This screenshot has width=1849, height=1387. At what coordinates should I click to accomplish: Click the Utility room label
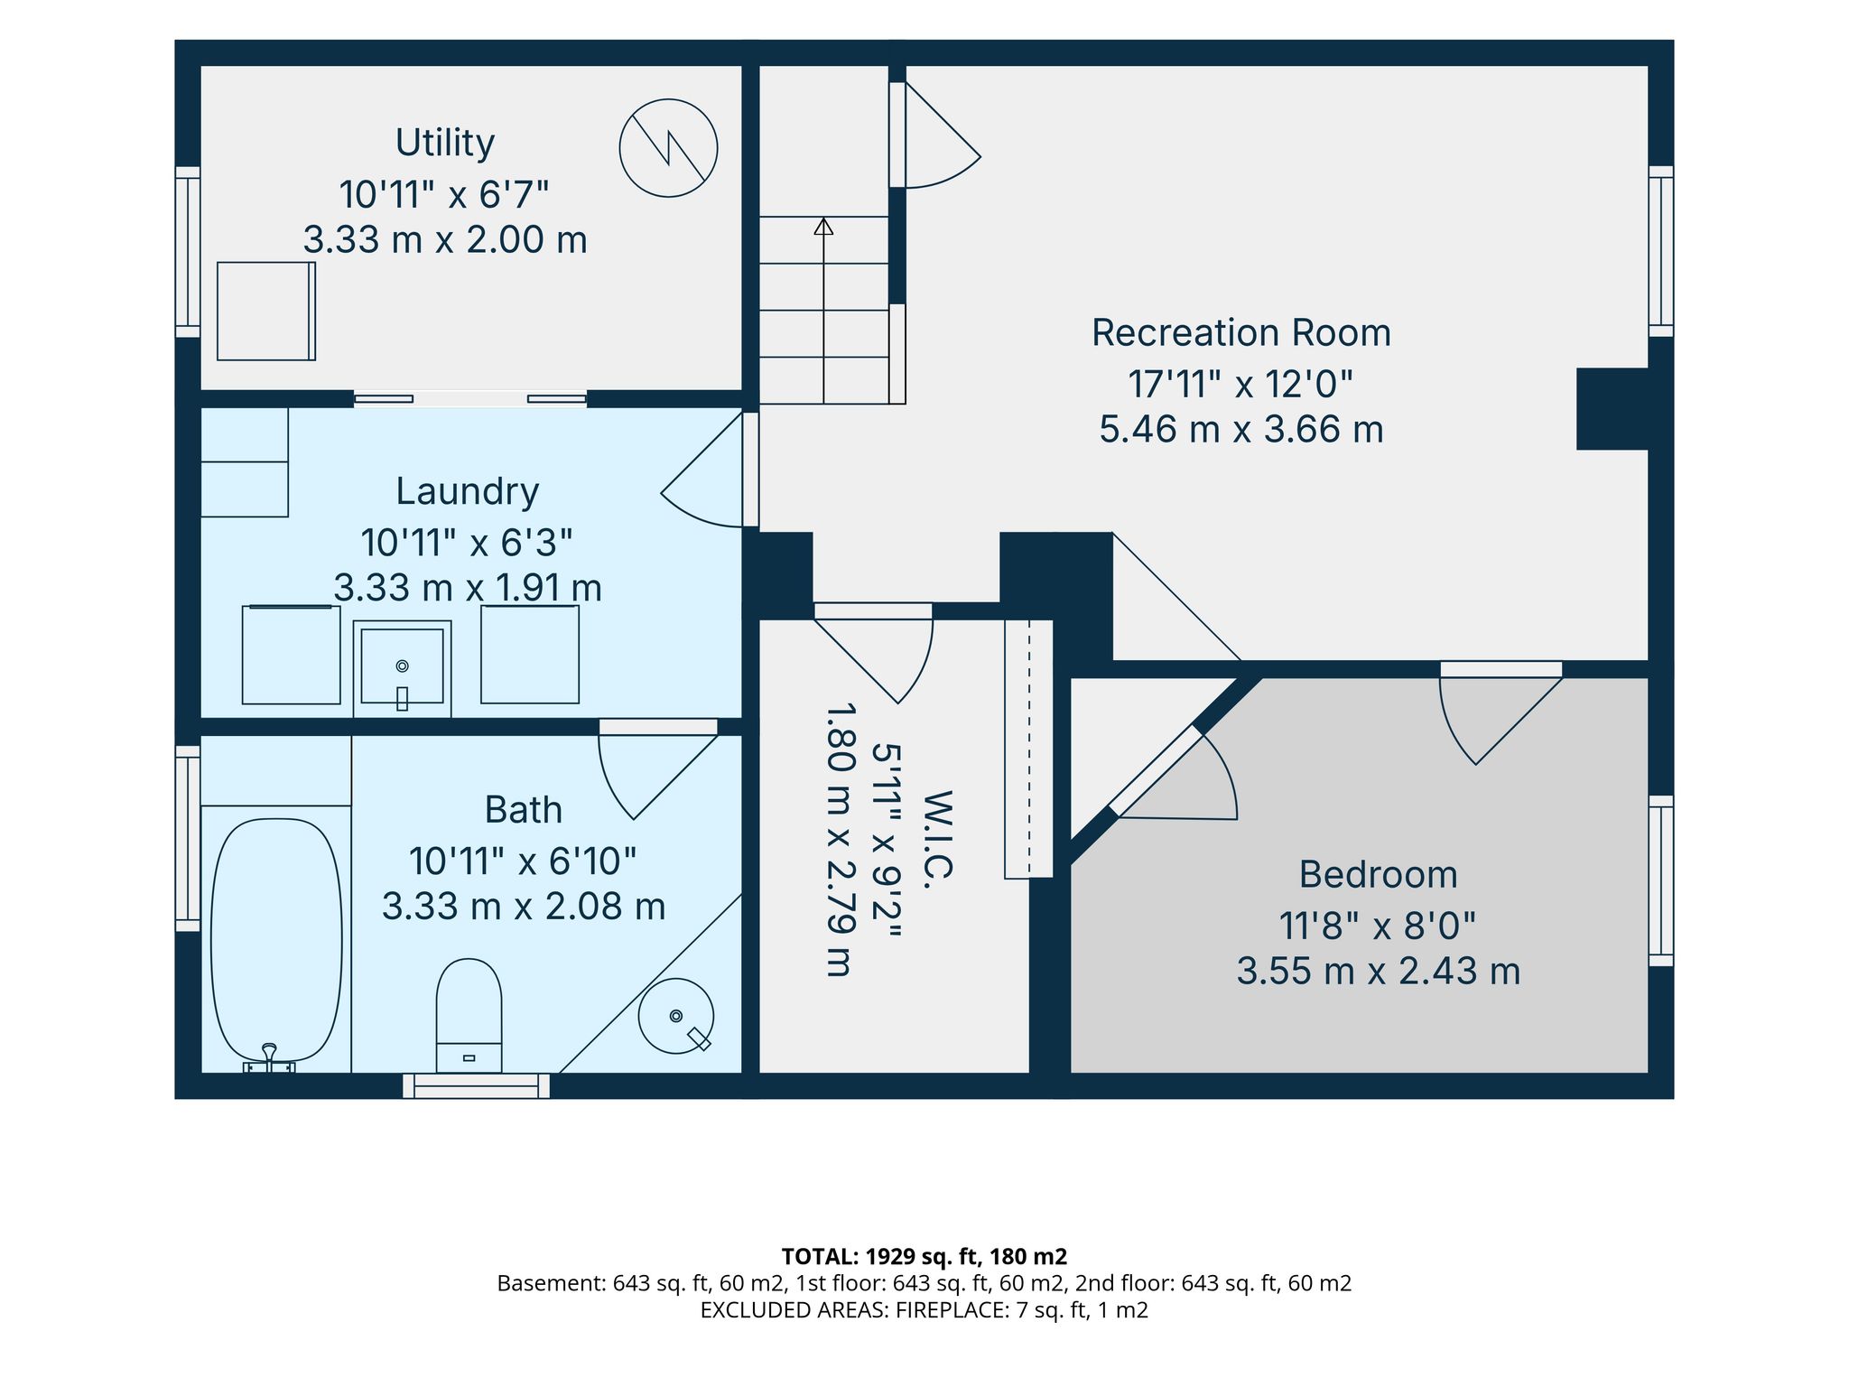tap(445, 144)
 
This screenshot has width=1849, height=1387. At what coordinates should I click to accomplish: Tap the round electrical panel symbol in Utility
tap(668, 148)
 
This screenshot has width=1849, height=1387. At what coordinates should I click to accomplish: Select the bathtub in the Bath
tap(276, 940)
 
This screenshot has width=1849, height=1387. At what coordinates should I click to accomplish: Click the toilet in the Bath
tap(469, 1015)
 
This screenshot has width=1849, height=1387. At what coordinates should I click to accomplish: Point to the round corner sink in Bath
tap(676, 1016)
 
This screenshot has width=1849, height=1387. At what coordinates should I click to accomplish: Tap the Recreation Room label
tap(1241, 333)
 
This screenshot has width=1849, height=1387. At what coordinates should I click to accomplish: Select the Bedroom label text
tap(1378, 875)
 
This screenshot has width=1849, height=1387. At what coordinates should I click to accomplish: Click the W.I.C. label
tap(939, 834)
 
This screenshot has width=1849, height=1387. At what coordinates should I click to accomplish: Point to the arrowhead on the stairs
tap(823, 227)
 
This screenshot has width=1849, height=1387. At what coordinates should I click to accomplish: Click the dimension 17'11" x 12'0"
tap(1241, 385)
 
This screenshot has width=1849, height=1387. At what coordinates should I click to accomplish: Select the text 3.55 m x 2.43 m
tap(1378, 972)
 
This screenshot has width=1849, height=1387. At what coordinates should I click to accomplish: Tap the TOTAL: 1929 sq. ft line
tap(924, 1256)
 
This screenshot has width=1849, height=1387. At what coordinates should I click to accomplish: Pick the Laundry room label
tap(468, 492)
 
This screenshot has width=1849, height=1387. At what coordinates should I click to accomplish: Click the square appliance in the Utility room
tap(266, 312)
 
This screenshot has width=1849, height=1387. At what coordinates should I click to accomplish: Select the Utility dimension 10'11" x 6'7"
tap(444, 194)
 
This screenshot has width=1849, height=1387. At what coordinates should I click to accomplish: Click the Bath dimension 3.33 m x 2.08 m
tap(524, 906)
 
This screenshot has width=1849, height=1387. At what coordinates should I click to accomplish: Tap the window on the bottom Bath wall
tap(476, 1085)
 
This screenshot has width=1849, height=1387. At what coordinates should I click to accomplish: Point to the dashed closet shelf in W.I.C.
tap(1029, 749)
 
